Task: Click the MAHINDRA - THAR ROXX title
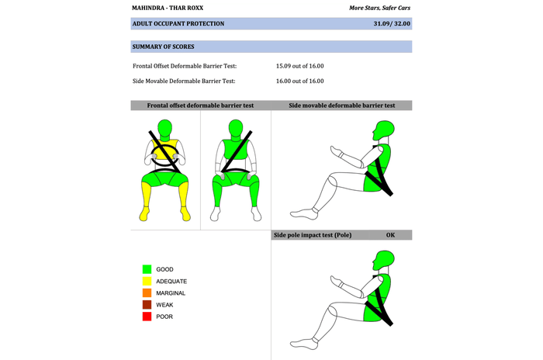click(168, 8)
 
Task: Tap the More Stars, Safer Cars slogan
click(379, 8)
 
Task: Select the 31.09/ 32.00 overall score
click(392, 23)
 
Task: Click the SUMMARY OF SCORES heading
click(163, 47)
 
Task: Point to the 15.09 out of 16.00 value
click(300, 66)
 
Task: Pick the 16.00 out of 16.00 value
click(300, 81)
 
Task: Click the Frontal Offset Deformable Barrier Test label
click(185, 66)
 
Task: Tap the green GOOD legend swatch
click(147, 269)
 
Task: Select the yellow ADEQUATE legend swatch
click(147, 281)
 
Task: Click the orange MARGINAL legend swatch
click(147, 292)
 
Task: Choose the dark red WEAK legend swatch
click(147, 305)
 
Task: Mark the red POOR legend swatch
click(147, 317)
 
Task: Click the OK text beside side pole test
click(390, 235)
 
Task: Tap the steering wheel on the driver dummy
click(164, 155)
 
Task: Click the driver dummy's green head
click(164, 128)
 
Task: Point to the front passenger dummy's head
click(236, 128)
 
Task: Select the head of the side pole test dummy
click(383, 261)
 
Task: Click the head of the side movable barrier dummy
click(383, 130)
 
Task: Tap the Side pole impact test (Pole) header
click(313, 235)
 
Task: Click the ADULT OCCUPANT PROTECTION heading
click(178, 23)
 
